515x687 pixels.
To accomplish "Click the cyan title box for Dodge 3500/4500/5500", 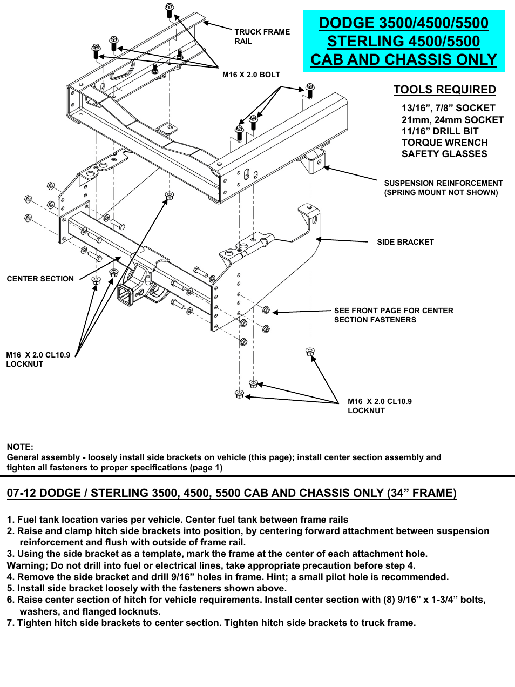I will click(x=403, y=41).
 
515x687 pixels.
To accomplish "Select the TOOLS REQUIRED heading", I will click(x=444, y=90).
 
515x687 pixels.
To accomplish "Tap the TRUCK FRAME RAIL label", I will click(x=262, y=36).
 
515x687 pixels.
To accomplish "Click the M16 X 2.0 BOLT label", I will click(x=251, y=75).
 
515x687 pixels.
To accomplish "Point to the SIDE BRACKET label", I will click(x=405, y=242).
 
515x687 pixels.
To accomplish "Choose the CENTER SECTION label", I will click(x=40, y=279).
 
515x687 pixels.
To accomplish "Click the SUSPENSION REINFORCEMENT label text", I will click(x=443, y=183).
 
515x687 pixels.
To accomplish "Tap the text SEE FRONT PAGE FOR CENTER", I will click(x=394, y=311).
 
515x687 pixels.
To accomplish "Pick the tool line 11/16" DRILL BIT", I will click(x=440, y=131).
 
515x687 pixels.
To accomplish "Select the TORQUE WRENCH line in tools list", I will click(x=444, y=143).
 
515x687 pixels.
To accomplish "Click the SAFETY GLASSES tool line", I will click(x=444, y=154).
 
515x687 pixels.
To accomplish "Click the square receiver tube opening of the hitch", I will click(x=125, y=296).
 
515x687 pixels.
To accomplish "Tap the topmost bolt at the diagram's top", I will click(x=169, y=8).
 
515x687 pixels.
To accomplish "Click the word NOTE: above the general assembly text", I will click(x=20, y=447).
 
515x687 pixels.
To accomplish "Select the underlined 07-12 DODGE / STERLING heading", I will click(x=232, y=493).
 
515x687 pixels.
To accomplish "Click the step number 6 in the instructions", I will click(x=10, y=600).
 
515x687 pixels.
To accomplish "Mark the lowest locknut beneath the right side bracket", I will click(x=240, y=394).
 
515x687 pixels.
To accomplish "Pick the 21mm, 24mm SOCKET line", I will click(x=452, y=120).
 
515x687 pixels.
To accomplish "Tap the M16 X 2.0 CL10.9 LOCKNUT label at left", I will click(x=38, y=359).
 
